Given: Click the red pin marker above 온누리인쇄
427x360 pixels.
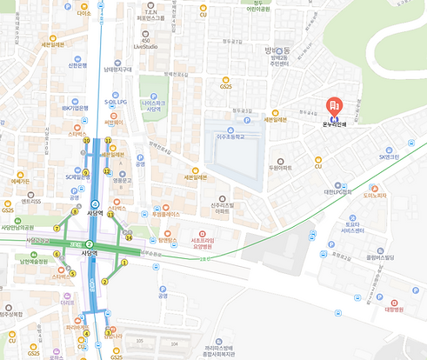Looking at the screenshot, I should (334, 106).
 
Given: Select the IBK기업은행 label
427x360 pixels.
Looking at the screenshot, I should (76, 108).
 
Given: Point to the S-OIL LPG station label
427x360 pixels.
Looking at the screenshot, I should (116, 102).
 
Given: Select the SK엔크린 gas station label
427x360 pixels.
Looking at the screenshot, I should (388, 157).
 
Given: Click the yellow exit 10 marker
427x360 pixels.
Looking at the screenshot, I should (86, 140).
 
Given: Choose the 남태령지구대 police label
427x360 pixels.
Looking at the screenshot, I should (117, 70).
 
